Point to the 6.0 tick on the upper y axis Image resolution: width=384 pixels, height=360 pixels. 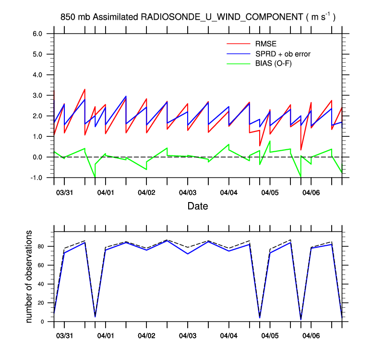(37, 34)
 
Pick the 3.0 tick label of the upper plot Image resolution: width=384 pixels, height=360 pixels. (37, 96)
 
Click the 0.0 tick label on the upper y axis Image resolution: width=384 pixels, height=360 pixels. (37, 157)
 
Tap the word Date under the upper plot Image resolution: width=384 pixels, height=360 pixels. (197, 206)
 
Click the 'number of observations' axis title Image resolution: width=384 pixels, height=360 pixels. (29, 276)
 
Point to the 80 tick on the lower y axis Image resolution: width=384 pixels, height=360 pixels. (42, 247)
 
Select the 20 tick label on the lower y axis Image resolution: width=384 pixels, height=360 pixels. (42, 303)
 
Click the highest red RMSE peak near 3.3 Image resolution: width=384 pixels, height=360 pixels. (84, 90)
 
